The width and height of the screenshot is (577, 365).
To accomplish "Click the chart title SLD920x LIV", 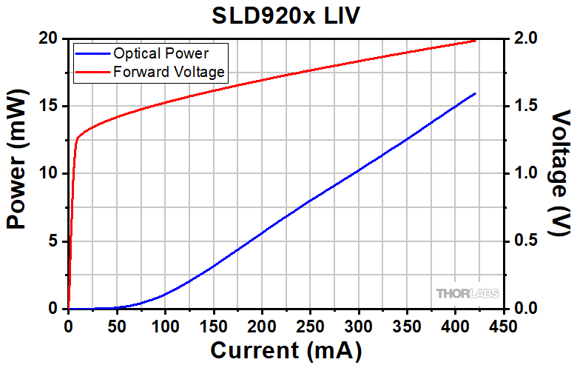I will tap(288, 15).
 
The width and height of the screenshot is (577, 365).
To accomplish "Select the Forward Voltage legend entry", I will tap(169, 72).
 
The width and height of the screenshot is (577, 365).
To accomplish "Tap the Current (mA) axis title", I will tap(287, 349).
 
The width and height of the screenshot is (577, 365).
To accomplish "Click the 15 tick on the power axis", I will tap(50, 106).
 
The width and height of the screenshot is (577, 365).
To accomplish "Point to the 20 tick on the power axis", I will tap(50, 38).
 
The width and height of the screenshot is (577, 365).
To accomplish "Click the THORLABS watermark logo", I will tap(468, 293).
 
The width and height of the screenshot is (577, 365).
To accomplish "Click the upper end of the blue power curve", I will tap(475, 93).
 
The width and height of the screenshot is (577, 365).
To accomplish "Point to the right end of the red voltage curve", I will tap(476, 41).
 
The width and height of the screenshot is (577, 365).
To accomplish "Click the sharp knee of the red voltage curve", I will tap(78, 138).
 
